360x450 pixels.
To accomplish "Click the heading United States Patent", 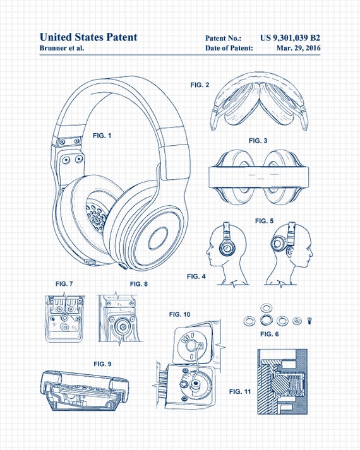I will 88,37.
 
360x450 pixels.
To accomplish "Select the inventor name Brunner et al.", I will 62,48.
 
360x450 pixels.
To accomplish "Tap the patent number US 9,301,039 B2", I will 294,38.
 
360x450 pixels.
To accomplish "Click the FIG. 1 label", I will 102,136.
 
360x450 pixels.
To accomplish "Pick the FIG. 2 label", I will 200,84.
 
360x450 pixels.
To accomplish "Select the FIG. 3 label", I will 258,140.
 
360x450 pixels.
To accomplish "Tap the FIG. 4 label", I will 196,276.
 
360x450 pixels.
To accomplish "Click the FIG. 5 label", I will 264,221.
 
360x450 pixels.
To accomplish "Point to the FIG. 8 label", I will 138,284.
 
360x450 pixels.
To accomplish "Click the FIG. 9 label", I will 102,364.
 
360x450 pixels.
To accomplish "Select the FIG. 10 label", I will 179,314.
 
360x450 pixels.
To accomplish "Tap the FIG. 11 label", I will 239,391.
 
